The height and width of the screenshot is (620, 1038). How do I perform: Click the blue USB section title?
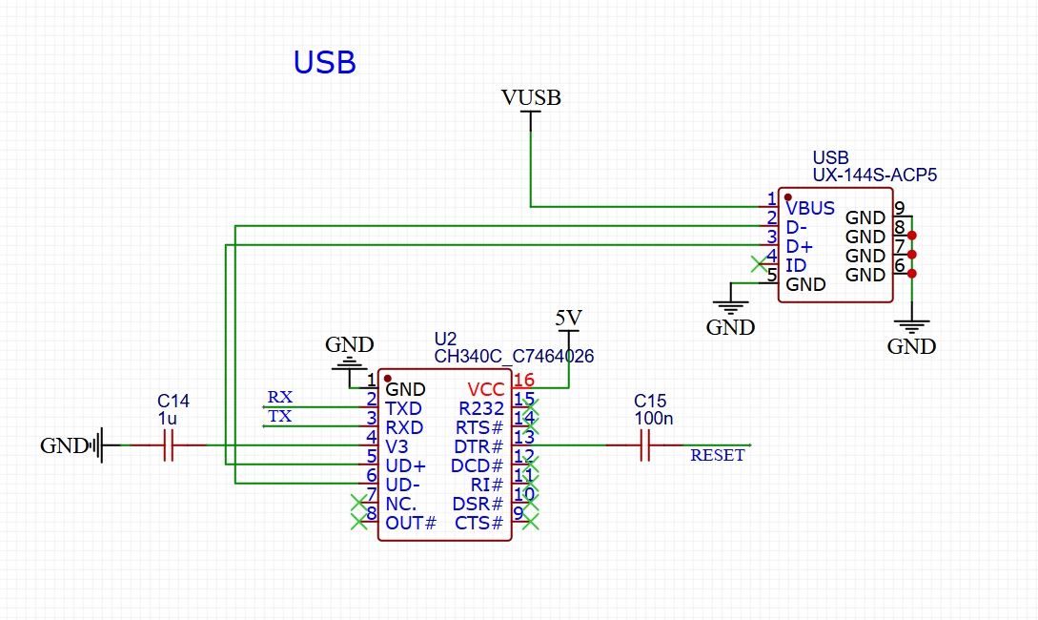click(x=324, y=63)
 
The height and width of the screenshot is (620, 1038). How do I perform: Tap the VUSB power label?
click(x=531, y=97)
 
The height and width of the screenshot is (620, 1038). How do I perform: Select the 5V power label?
click(x=568, y=317)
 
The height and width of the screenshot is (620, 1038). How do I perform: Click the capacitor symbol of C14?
click(x=169, y=445)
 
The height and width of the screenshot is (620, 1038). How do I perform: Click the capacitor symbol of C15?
click(x=644, y=445)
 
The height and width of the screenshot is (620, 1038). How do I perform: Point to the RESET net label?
click(x=717, y=456)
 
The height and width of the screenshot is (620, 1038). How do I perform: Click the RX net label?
click(x=280, y=397)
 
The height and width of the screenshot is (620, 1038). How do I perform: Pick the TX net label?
click(x=279, y=416)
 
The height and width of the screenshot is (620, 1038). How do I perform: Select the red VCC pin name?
click(x=486, y=389)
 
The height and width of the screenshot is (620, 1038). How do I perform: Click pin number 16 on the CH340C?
click(x=523, y=381)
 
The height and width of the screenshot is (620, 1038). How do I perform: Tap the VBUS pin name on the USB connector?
click(x=810, y=208)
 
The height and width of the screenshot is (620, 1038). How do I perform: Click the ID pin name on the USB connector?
click(x=796, y=265)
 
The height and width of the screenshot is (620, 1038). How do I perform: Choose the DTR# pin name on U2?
click(x=478, y=446)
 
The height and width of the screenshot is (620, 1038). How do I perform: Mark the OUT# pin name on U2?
click(x=411, y=523)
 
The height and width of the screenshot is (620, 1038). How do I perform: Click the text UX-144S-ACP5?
click(x=874, y=176)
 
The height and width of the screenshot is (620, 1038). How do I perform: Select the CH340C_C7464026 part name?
click(x=514, y=357)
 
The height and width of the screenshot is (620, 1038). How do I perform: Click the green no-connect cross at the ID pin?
click(x=758, y=262)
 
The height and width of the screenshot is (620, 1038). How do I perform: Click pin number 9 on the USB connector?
click(x=899, y=208)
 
